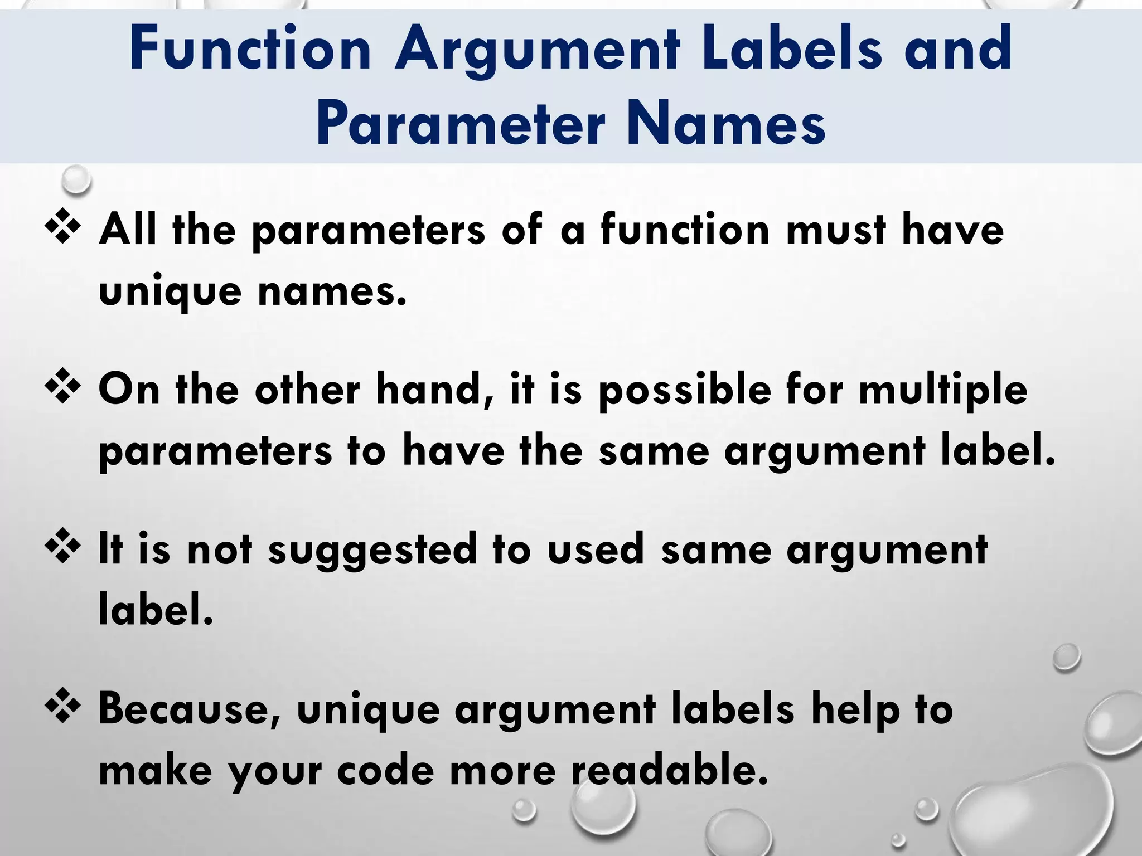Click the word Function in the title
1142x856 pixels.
point(250,50)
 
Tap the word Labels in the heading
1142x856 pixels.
point(792,50)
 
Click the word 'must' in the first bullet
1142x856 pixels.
point(836,230)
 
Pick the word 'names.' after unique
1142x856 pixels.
point(332,291)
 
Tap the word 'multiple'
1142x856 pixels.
point(942,390)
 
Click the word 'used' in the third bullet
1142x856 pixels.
point(596,549)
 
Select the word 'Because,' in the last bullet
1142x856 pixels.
point(190,710)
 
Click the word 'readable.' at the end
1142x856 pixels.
point(669,770)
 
